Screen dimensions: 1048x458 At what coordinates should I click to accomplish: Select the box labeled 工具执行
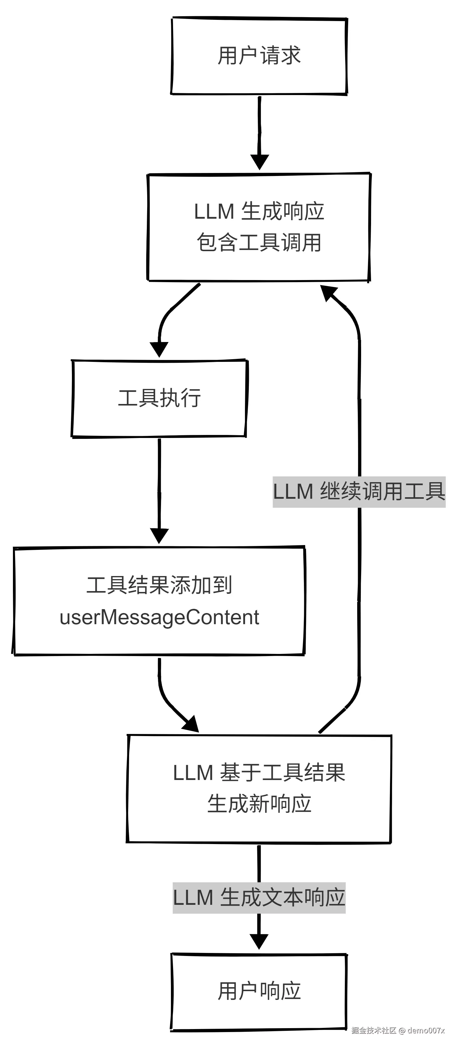[159, 398]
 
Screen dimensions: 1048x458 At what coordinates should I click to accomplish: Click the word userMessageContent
[159, 618]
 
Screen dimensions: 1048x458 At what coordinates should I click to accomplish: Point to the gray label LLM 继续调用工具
[359, 492]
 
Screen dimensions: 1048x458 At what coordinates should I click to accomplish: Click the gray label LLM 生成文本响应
[259, 898]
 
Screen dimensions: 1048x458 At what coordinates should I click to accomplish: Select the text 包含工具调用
[259, 242]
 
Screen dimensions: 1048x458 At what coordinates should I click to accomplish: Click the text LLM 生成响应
[259, 211]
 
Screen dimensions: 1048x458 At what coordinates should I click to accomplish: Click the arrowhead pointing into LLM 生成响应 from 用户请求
[259, 162]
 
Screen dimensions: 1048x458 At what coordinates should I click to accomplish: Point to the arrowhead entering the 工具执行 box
[159, 349]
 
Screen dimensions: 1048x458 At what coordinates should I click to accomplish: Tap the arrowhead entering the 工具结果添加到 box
[159, 535]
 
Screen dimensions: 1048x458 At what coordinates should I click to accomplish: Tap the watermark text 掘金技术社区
[374, 1030]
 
